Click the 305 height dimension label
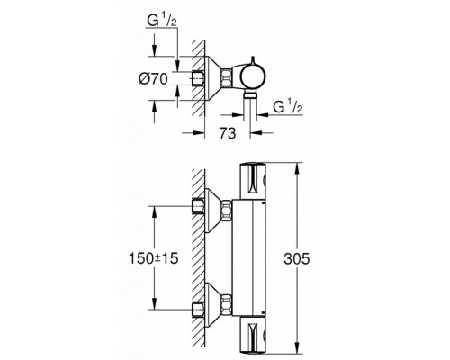[296, 258]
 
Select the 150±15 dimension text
[154, 258]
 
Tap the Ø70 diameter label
[153, 79]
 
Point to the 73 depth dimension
[228, 133]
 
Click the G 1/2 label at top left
[162, 21]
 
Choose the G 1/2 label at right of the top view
[288, 107]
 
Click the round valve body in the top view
[254, 78]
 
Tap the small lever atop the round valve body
[254, 61]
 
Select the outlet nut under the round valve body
[250, 95]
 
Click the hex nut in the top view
[227, 78]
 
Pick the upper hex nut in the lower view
[227, 210]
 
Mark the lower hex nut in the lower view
[227, 303]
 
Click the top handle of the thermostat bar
[252, 181]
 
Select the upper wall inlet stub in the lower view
[198, 206]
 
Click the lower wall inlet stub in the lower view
[198, 310]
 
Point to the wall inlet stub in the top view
[198, 78]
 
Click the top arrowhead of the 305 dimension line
[297, 169]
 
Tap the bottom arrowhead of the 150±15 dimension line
[154, 303]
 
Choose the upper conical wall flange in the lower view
[213, 210]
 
